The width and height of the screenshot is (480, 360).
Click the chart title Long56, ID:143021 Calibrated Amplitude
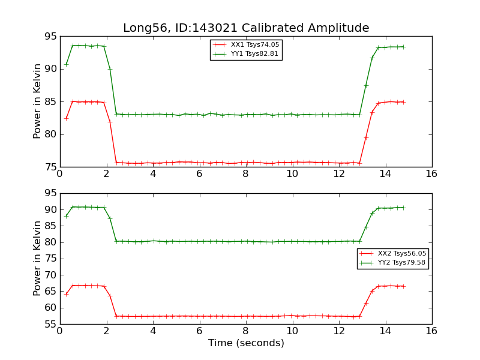[x=246, y=28]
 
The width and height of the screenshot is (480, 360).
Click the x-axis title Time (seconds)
[x=246, y=343]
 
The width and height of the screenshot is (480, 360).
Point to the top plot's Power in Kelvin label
[x=37, y=101]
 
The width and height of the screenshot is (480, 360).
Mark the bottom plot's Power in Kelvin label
[x=37, y=258]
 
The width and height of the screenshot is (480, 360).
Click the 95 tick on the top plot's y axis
[x=50, y=37]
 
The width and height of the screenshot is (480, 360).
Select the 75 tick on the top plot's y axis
[x=50, y=167]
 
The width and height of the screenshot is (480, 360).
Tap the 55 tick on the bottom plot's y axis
[x=50, y=324]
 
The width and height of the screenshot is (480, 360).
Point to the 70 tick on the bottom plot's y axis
[x=50, y=275]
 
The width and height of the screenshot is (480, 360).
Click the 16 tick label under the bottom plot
[x=431, y=331]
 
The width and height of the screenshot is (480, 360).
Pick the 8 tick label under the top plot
[x=245, y=174]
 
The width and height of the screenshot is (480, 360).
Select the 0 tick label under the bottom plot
[x=59, y=331]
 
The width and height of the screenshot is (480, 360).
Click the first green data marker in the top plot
[x=66, y=64]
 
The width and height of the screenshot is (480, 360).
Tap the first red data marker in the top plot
[x=66, y=118]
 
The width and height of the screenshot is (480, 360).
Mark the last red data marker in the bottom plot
[x=403, y=286]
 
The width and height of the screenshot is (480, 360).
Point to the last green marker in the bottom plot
[x=403, y=208]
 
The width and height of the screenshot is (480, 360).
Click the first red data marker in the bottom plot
[x=66, y=294]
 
